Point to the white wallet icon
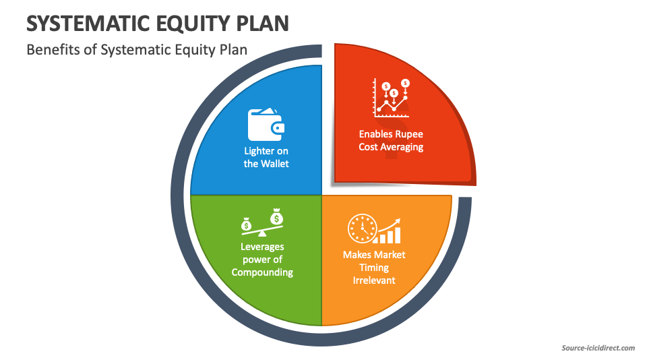pyautogui.click(x=266, y=124)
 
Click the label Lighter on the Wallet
pyautogui.click(x=266, y=157)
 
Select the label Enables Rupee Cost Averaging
pyautogui.click(x=391, y=140)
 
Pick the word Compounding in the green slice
pyautogui.click(x=262, y=272)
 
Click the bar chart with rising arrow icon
pyautogui.click(x=390, y=231)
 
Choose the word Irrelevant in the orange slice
pyautogui.click(x=374, y=280)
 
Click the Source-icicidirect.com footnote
pyautogui.click(x=598, y=348)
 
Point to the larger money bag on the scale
pyautogui.click(x=276, y=217)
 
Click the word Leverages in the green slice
pyautogui.click(x=262, y=247)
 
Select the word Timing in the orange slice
pyautogui.click(x=374, y=268)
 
